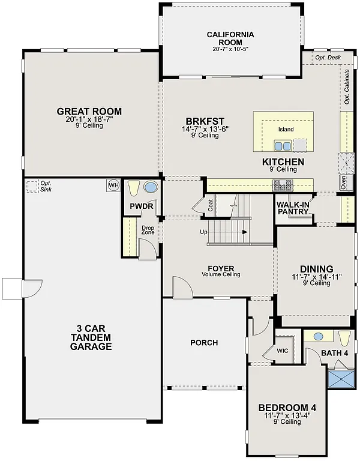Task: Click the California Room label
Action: (x=230, y=38)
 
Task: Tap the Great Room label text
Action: (x=89, y=112)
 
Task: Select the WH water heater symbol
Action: (x=113, y=185)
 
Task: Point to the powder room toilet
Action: (x=134, y=188)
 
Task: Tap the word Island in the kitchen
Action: (x=286, y=129)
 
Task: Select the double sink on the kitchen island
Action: (x=283, y=145)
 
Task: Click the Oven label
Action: (x=343, y=182)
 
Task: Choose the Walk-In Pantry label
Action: (x=293, y=208)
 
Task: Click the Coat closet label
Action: (x=211, y=205)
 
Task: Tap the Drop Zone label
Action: (x=148, y=230)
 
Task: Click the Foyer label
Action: (x=220, y=268)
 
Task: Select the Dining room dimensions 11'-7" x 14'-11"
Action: (x=316, y=277)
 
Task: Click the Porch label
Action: (x=204, y=343)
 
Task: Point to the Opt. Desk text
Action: (x=328, y=58)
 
